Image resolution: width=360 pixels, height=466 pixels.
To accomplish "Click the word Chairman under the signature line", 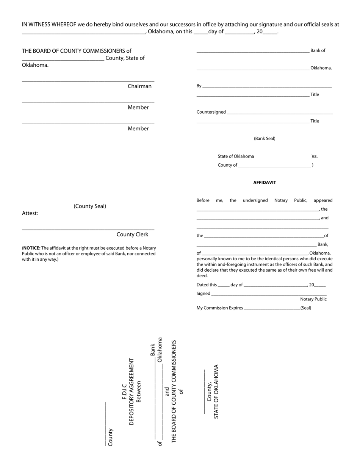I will click(x=139, y=86).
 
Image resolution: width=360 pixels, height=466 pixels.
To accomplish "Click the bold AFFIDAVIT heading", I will click(x=265, y=183).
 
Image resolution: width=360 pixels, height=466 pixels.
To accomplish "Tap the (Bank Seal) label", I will click(x=265, y=139).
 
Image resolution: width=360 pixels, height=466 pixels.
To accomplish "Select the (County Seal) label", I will click(x=90, y=206).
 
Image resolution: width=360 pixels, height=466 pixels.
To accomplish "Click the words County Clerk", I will click(x=132, y=235).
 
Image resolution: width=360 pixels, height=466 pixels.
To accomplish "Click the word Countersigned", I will click(x=211, y=112).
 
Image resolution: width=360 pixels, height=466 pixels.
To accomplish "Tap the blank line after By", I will click(x=267, y=87).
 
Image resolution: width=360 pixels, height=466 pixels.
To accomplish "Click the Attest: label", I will click(x=30, y=213).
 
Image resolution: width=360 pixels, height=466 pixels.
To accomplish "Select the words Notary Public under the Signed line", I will click(x=313, y=299).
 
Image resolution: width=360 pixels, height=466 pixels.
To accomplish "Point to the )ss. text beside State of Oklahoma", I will click(x=315, y=156).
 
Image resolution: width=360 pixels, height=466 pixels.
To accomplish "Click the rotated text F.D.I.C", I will click(x=124, y=391).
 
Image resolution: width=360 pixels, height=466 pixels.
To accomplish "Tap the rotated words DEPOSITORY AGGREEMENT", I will click(x=131, y=392).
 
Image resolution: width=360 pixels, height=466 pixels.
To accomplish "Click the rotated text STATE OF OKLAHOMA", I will click(x=216, y=392).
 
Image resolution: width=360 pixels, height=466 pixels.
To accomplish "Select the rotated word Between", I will click(x=139, y=392).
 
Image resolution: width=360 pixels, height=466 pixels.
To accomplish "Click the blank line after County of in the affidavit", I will click(x=274, y=166).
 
